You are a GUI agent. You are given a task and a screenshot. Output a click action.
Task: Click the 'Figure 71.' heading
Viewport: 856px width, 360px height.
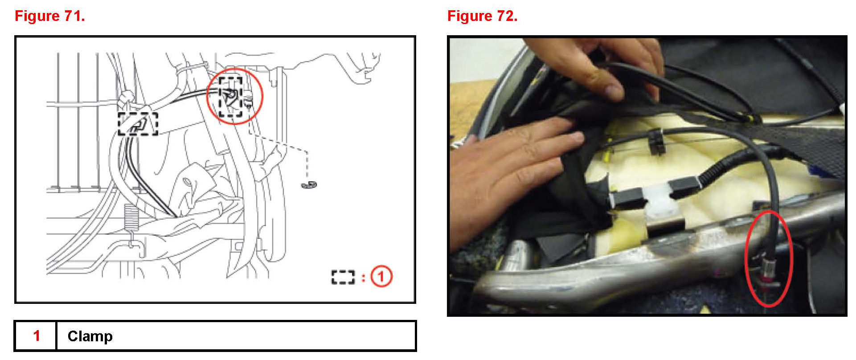tap(50, 16)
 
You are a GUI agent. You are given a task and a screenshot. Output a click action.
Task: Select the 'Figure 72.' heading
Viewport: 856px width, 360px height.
tap(482, 16)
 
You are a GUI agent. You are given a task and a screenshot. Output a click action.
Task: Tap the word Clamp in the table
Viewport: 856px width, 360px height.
tap(90, 336)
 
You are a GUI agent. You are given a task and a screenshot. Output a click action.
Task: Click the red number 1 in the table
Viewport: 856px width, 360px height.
tap(37, 335)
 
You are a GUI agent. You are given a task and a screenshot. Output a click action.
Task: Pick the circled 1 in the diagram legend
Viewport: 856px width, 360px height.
tap(381, 277)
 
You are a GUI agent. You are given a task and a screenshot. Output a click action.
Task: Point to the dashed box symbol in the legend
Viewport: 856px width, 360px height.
tap(343, 277)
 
